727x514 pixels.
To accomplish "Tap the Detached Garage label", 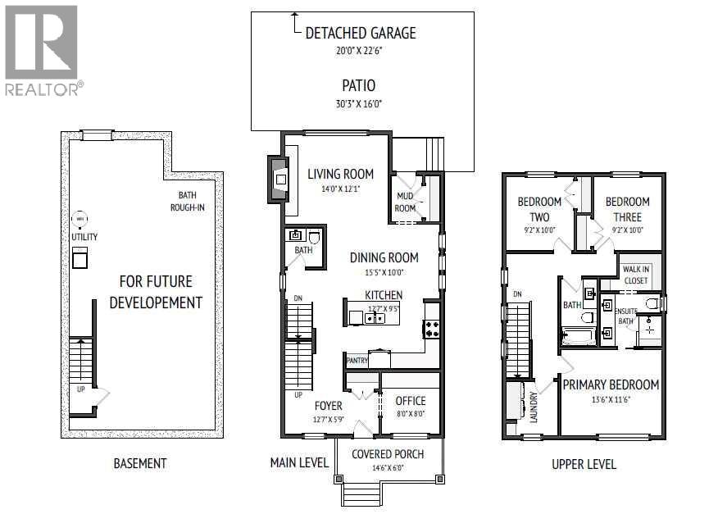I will pos(360,34).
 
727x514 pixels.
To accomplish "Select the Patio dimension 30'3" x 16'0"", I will pos(359,104).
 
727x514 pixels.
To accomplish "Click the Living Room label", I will pos(340,174).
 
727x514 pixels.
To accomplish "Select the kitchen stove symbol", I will pos(431,329).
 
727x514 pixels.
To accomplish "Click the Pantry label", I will pos(357,360).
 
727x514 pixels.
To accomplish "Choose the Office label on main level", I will pos(411,401).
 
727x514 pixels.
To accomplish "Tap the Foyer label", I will pos(329,405).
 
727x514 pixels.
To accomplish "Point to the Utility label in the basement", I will pos(84,237).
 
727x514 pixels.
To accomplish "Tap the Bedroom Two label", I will pos(539,209).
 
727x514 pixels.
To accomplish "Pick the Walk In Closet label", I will pos(635,275).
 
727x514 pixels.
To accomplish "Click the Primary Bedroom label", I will pos(610,384).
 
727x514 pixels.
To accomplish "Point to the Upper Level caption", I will pos(584,464).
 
